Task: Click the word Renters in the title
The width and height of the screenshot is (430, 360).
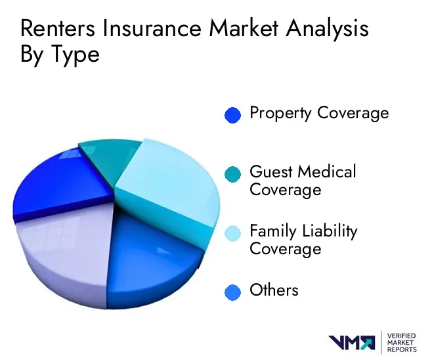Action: point(58,28)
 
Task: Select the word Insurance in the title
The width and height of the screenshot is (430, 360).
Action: point(152,28)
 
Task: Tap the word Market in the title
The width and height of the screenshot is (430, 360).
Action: point(244,28)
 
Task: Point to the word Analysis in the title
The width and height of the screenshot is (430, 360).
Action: point(327,30)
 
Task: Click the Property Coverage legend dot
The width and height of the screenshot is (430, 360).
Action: point(232,115)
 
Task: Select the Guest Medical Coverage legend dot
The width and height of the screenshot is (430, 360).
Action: point(232,174)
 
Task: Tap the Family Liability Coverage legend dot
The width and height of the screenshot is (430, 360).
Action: point(232,233)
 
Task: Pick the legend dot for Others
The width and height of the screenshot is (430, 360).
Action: point(232,292)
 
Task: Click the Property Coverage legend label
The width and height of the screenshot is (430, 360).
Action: point(319,113)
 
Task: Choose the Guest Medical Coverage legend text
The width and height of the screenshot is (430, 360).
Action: point(303,181)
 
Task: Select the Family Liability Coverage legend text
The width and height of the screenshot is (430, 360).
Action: point(303,240)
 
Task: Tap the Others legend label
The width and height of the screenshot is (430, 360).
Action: point(274,290)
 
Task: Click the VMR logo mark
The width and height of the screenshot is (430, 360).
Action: point(352,343)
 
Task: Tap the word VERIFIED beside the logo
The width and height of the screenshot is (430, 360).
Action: point(402,336)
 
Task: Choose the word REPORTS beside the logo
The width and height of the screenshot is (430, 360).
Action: point(402,349)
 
